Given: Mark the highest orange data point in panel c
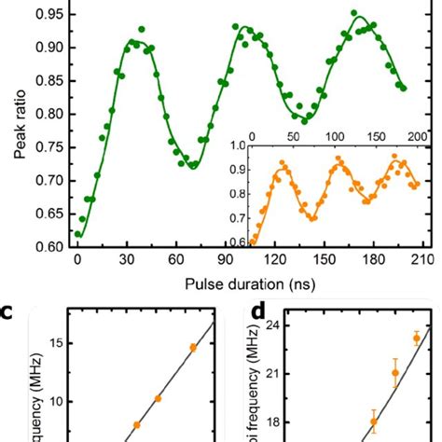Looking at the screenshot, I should click(193, 348).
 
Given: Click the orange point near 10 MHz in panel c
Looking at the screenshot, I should click(158, 398).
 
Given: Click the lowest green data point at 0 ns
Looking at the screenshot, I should click(77, 235).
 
